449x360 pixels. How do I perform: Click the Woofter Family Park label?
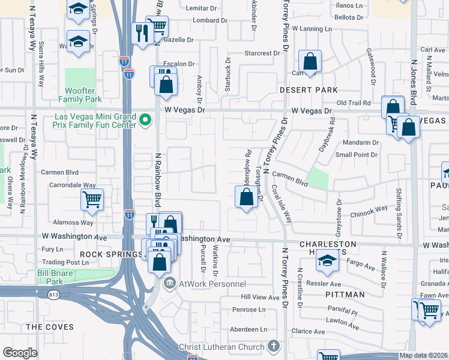click(x=80, y=95)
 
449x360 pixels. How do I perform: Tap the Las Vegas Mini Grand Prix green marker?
click(x=145, y=121)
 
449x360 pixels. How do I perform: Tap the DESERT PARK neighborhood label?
click(x=309, y=90)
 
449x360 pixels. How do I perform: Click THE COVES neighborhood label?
click(x=50, y=327)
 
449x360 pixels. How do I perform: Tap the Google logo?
click(x=20, y=353)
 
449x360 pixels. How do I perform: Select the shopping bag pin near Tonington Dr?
click(x=246, y=197)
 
